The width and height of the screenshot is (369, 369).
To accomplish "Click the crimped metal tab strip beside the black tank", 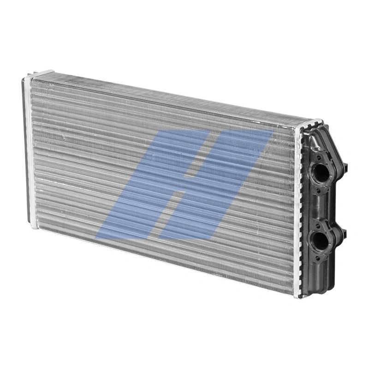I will (300, 208).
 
